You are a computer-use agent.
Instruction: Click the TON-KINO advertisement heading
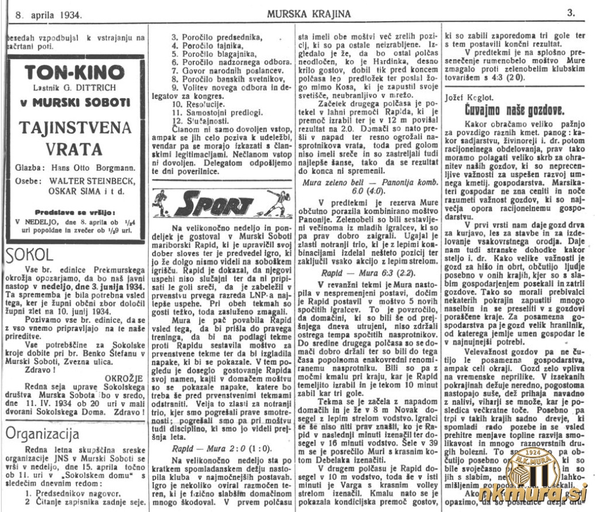pyautogui.click(x=74, y=73)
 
